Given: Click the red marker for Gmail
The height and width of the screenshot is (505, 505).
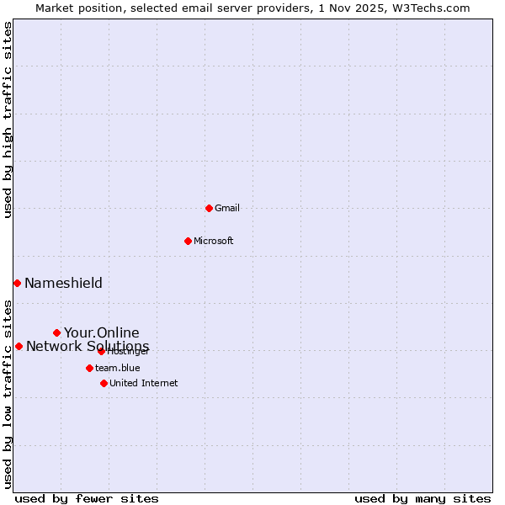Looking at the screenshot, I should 209,208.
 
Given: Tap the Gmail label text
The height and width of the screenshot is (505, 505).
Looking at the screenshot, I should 227,209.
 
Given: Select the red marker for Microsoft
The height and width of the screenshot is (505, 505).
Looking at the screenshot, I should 188,241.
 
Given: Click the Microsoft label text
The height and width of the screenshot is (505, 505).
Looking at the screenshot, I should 214,242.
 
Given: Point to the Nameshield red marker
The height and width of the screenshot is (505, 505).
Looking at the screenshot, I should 17,283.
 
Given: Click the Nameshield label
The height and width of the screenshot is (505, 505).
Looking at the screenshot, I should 63,284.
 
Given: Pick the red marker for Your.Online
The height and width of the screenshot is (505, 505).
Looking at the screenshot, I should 56,332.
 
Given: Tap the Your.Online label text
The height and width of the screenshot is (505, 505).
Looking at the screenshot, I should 102,332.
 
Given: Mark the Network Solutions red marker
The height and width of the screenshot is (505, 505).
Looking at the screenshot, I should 19,346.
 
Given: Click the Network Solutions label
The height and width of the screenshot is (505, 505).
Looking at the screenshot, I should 88,347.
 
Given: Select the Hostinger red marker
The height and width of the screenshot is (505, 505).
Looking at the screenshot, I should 101,351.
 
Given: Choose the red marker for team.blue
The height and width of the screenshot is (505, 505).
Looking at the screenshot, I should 89,368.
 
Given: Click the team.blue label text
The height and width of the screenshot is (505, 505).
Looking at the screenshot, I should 118,369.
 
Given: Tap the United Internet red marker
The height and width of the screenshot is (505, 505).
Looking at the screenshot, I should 104,383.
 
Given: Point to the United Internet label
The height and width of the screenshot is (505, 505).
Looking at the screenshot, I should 144,384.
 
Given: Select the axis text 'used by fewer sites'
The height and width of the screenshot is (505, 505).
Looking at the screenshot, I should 87,499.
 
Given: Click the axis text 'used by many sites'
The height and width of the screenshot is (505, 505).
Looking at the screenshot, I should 423,499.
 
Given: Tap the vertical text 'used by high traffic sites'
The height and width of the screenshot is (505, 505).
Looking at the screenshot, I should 8,120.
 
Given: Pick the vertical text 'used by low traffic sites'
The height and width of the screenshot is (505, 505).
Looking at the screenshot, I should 8,393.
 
